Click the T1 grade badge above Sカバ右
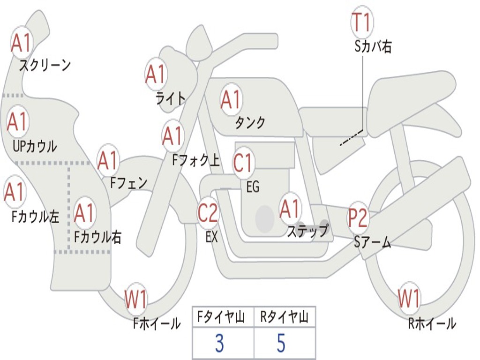point(361,22)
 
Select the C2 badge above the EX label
point(208,213)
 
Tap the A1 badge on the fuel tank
point(231,99)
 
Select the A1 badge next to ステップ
point(290,209)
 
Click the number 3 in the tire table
point(219,344)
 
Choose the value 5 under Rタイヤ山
point(281,344)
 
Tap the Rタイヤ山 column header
point(285,318)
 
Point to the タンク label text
point(250,123)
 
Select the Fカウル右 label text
point(98,237)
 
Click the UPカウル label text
point(35,146)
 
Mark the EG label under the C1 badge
point(253,187)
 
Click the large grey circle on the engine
point(265,218)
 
